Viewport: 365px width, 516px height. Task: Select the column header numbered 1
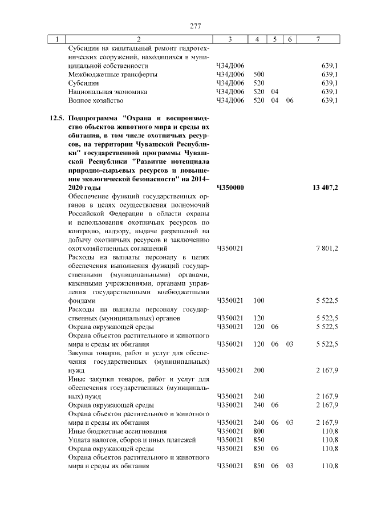(56, 39)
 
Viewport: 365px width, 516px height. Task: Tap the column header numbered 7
(318, 39)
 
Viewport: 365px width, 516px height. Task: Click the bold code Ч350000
(231, 187)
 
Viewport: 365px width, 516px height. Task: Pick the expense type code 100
(258, 300)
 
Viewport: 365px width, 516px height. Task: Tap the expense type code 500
(258, 74)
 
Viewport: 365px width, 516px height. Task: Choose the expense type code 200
(258, 370)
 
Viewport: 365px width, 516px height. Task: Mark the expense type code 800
(258, 431)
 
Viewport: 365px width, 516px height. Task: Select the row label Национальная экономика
(107, 91)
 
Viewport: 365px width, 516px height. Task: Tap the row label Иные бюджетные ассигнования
(117, 431)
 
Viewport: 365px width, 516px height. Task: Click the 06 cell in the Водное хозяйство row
(290, 100)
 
